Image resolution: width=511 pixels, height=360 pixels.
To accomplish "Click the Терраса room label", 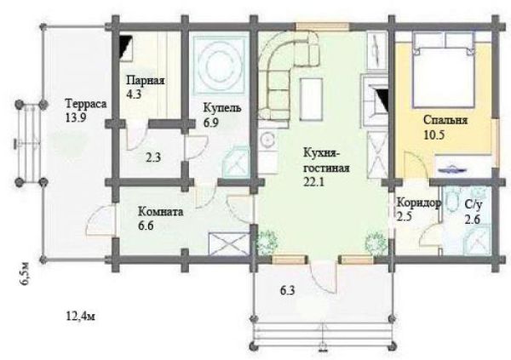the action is tap(86, 104).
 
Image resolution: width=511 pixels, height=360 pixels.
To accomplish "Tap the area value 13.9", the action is tap(76, 117).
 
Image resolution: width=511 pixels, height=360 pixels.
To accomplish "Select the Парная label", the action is tap(146, 81).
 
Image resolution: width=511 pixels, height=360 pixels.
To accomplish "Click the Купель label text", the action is tap(222, 108).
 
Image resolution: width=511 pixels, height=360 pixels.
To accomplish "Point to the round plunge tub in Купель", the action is tap(221, 63).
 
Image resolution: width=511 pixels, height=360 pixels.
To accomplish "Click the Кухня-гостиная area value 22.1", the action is tap(313, 182).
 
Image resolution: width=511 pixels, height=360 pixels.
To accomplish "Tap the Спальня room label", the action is tap(445, 120).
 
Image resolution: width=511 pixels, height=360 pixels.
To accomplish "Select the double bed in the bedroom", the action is tap(444, 70).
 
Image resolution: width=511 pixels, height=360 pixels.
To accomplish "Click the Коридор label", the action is tap(418, 203).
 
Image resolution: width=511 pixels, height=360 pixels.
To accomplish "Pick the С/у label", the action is tap(474, 205).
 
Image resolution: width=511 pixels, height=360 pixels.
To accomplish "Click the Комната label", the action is tap(161, 212).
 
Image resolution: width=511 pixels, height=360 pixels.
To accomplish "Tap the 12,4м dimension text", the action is tap(81, 317).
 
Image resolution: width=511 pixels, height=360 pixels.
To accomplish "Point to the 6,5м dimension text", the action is tap(26, 274).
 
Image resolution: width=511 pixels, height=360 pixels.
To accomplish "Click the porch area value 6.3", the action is tap(288, 290).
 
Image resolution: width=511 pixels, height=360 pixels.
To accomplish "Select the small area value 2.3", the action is tap(153, 158).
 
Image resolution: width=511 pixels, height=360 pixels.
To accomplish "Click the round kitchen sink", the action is tap(268, 140).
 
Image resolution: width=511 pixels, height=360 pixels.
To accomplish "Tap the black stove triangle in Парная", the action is tap(125, 48).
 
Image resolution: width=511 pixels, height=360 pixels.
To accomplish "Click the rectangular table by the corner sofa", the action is tap(312, 100).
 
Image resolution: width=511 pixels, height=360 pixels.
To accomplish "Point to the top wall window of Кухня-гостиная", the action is tap(322, 26).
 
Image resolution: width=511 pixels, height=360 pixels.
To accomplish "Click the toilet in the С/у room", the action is tap(451, 201).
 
